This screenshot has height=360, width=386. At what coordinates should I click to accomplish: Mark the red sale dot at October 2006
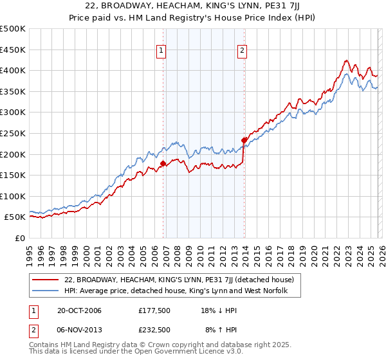click(x=163, y=163)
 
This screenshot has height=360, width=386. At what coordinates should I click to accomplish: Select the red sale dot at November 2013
click(x=244, y=140)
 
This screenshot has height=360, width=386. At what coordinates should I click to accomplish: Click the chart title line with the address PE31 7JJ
click(x=194, y=7)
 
